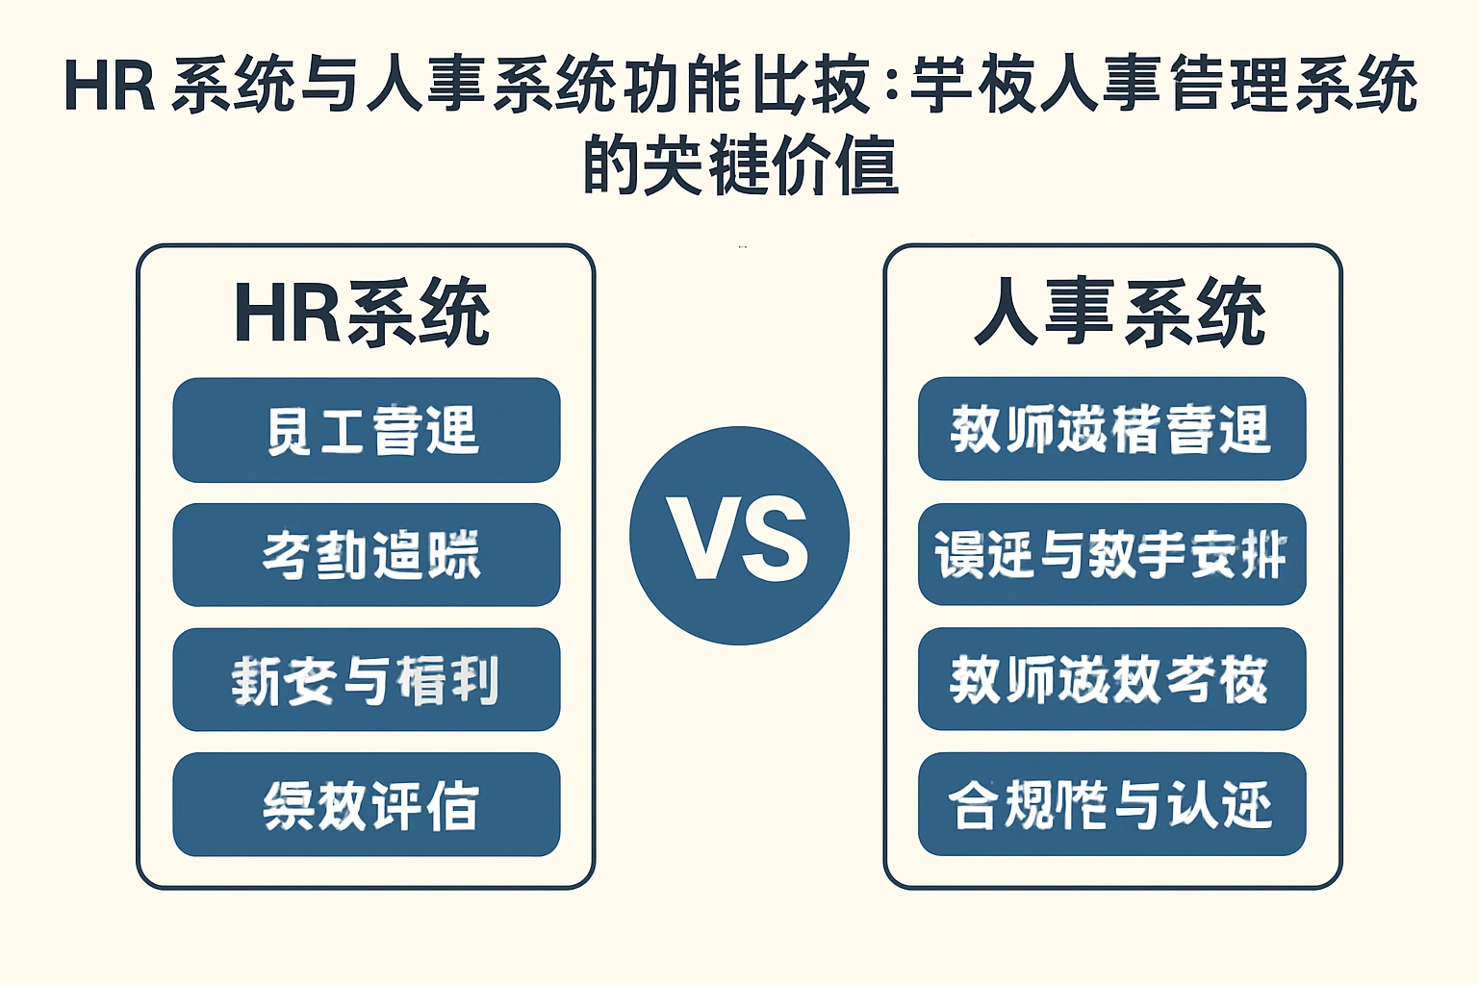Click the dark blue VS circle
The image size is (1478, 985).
[739, 536]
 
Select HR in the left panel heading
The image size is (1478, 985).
[287, 313]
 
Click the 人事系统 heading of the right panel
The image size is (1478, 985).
[1118, 313]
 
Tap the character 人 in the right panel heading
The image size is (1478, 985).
[1007, 313]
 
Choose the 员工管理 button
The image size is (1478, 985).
[367, 430]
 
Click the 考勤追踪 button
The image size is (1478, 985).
[367, 555]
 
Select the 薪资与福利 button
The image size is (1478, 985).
[367, 680]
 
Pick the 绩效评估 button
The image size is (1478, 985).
[367, 805]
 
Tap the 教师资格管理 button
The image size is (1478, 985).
[1111, 429]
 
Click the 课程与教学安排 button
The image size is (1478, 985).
[1111, 555]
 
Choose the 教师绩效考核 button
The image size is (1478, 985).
[1111, 679]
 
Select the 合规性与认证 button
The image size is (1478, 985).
[1111, 804]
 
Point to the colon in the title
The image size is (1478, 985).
[890, 87]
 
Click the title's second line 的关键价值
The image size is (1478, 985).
[740, 165]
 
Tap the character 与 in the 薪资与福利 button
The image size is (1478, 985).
[366, 680]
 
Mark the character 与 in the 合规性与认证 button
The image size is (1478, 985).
[1137, 805]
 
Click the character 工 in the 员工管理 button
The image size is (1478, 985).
[342, 430]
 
